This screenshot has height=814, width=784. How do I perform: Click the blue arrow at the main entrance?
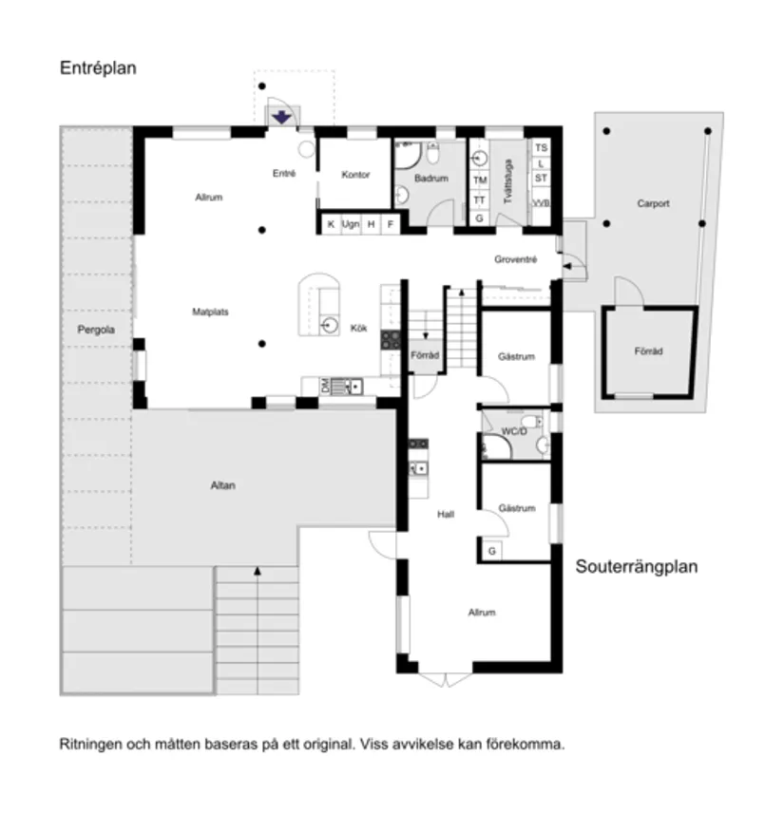[282, 117]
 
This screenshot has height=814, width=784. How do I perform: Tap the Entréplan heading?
[99, 69]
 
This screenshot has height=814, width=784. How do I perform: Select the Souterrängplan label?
[637, 567]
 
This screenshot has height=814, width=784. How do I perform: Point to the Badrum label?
[431, 179]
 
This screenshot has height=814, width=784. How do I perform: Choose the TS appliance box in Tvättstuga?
[541, 148]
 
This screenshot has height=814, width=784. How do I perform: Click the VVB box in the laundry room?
[541, 204]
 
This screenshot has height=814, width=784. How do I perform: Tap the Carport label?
[654, 203]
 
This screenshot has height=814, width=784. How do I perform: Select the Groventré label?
[516, 259]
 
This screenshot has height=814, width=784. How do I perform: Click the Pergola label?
[96, 330]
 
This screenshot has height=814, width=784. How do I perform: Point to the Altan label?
[222, 485]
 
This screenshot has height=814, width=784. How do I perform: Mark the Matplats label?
[210, 311]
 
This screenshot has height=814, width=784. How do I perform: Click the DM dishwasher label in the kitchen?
[325, 386]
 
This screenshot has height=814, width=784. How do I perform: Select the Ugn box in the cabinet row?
[351, 224]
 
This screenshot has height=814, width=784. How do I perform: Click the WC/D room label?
[513, 432]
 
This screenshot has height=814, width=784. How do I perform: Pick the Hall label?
[445, 514]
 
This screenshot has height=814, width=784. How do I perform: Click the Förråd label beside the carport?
[648, 351]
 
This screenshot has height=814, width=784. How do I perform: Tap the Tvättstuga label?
[508, 183]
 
